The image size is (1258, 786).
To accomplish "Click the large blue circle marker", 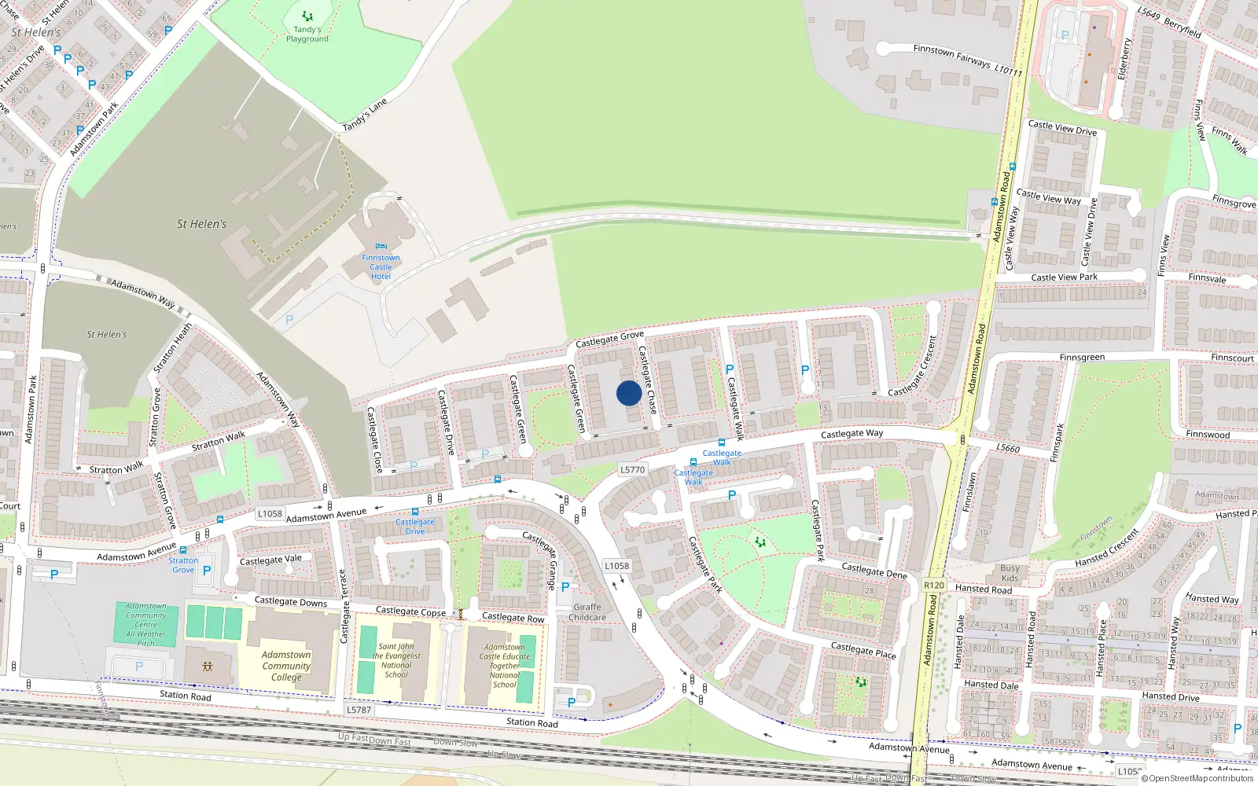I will pos(628,393).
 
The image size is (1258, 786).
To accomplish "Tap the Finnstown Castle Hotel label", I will pos(381,267).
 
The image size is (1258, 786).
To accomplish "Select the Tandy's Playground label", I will pos(307,35).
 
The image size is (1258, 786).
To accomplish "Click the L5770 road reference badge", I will pos(632,470).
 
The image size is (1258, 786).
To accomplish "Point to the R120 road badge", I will pos(934,586).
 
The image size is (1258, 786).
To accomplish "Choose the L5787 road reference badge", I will pos(359,710).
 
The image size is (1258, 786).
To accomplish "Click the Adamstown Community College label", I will pos(286,666).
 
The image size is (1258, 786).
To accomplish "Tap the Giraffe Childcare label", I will pos(587,612).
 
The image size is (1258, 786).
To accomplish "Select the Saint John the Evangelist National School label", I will pos(396,661).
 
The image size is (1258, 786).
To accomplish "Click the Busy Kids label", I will pos(1010,573).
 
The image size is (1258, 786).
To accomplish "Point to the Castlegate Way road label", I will pos(852,434).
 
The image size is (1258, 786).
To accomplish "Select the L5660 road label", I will pos(1008,448).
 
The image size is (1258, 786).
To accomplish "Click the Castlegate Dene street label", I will pos(874,571).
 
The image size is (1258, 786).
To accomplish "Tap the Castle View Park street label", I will pos(1064,277).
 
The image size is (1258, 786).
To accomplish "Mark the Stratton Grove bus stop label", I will pos(183,565).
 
